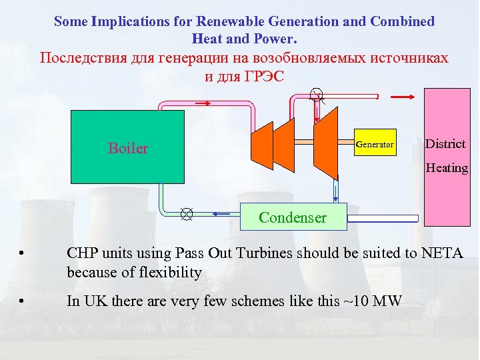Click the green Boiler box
click(x=127, y=147)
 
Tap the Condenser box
click(x=293, y=217)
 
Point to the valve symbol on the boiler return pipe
click(x=187, y=214)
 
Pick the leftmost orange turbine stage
click(x=261, y=143)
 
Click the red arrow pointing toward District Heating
click(x=403, y=97)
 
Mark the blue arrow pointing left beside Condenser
click(x=221, y=214)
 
